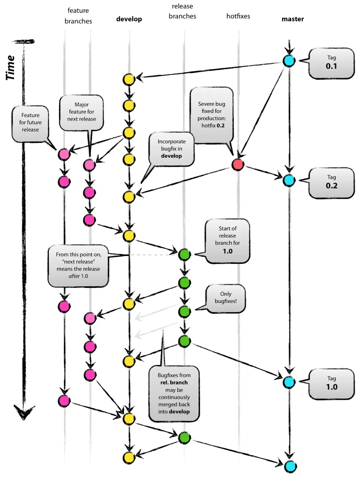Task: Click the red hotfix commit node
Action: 238,164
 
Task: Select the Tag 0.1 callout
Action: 331,63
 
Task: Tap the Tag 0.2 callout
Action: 331,182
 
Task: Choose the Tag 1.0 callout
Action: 331,383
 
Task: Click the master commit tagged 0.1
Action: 289,61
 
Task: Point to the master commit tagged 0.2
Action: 289,180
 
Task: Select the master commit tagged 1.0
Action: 289,382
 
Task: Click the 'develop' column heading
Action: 129,19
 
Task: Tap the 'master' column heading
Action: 293,19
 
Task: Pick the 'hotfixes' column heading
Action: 238,16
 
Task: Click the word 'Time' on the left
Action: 10,67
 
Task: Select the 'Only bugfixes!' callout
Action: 226,298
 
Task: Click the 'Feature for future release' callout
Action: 30,123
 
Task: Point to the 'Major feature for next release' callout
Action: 81,112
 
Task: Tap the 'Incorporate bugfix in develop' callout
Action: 172,149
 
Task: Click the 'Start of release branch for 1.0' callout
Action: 228,240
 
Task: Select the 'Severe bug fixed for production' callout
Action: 212,115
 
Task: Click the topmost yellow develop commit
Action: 129,79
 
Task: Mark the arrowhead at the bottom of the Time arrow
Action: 24,412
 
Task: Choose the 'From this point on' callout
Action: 78,266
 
